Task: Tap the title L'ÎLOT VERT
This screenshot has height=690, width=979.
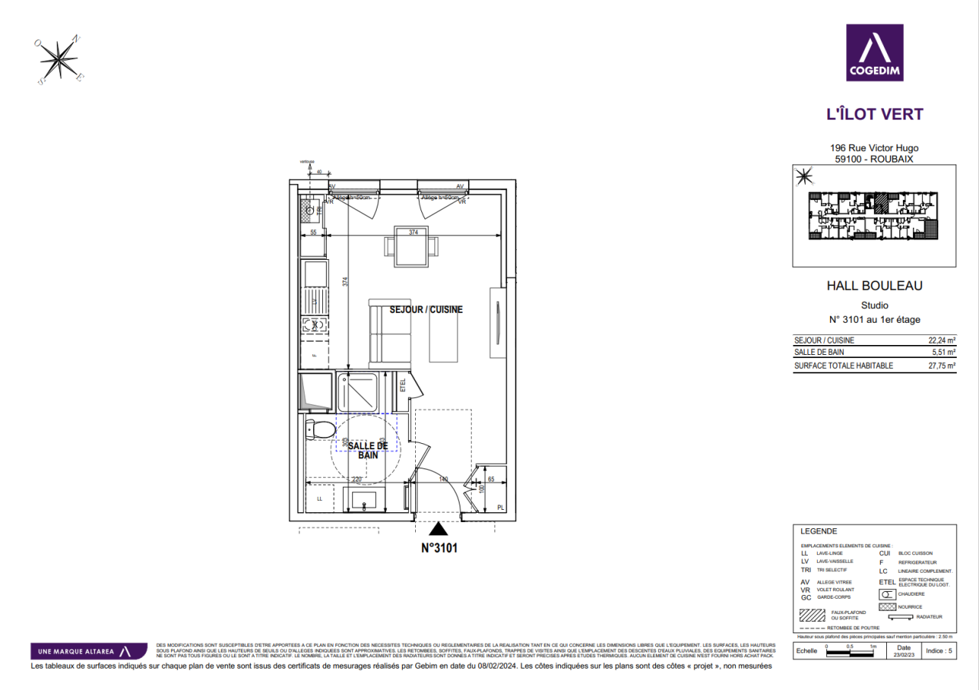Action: [x=874, y=115]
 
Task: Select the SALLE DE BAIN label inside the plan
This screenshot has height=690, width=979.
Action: [x=368, y=450]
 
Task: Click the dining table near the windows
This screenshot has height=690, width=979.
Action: [x=413, y=247]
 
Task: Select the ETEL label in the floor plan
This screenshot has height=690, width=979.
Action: [x=403, y=386]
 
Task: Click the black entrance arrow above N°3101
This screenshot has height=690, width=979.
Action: [x=438, y=528]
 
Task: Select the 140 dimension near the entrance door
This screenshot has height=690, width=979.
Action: [x=443, y=479]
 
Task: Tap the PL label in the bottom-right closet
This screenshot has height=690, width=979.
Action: [x=500, y=507]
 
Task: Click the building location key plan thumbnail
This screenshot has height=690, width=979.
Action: [x=874, y=216]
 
